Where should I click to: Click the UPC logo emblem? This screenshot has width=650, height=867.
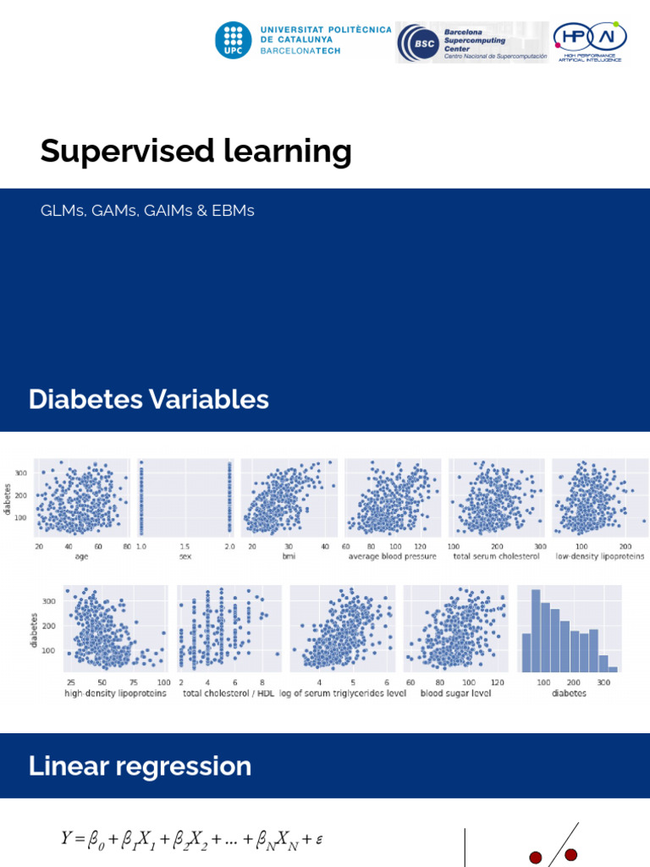coord(234,41)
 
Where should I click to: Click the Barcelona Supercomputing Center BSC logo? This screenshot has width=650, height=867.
coord(471,42)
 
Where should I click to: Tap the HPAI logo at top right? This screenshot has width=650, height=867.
coord(590,41)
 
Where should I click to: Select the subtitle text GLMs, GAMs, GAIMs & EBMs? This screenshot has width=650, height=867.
coord(147,211)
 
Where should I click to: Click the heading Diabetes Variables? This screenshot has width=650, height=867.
coord(148,400)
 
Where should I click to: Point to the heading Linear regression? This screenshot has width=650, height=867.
coord(140,766)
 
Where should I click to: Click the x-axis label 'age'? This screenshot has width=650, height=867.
coord(81,556)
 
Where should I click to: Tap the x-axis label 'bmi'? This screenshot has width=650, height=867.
coord(289,556)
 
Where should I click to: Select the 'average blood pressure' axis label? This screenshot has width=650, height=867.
coord(392,556)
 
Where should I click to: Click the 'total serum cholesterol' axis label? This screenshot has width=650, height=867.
coord(496,556)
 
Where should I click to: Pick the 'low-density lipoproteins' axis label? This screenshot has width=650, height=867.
coord(599,556)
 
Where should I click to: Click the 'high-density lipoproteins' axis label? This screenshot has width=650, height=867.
coord(115,693)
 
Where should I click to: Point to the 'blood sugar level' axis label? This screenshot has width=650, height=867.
coord(455,693)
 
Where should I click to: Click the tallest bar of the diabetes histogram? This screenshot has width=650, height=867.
coord(535,631)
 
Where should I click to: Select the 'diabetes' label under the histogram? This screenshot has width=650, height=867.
coord(569,693)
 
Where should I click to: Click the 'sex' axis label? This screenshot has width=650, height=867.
coord(185,556)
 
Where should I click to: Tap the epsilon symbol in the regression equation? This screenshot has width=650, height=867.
coord(319,840)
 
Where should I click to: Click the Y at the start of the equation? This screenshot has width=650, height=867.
coord(67,838)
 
